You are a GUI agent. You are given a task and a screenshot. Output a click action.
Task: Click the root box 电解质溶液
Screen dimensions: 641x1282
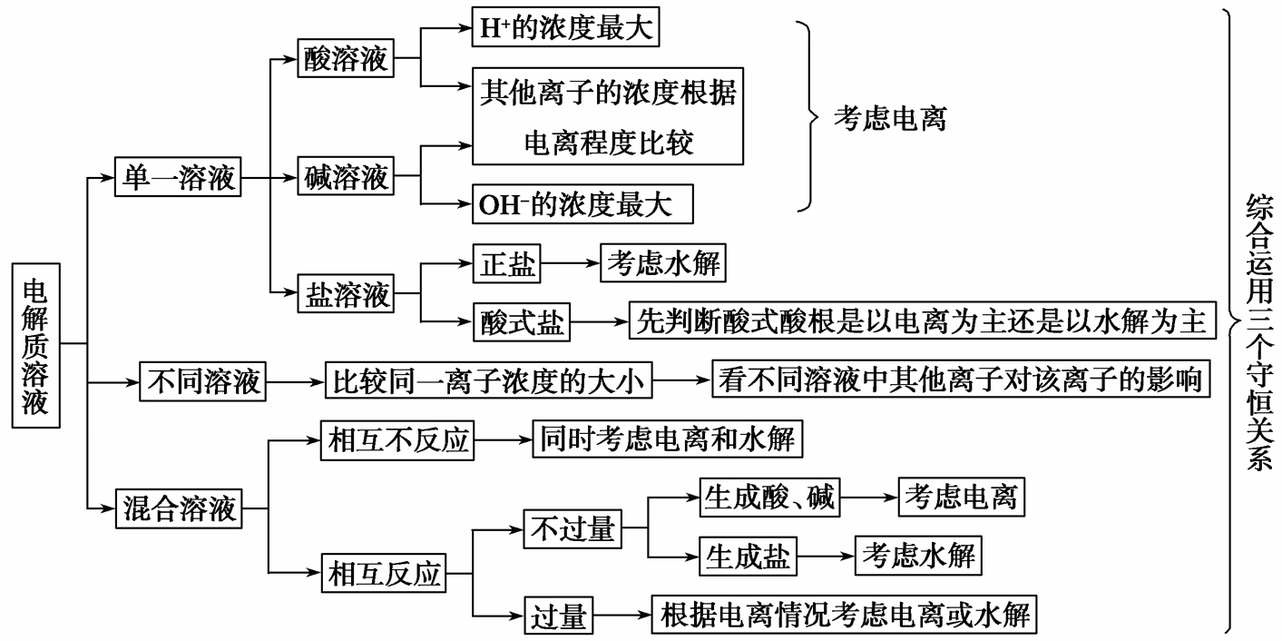(x=35, y=345)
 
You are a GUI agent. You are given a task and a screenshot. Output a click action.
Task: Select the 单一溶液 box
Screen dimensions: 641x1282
(x=179, y=178)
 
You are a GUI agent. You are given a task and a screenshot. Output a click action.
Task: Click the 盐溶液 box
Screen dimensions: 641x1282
(x=346, y=294)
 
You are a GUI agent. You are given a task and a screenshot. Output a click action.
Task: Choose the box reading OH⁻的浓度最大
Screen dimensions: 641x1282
(x=582, y=204)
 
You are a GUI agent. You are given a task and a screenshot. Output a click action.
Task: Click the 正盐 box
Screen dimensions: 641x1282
(x=505, y=264)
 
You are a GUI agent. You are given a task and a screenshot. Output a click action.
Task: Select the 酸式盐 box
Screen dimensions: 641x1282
(x=522, y=322)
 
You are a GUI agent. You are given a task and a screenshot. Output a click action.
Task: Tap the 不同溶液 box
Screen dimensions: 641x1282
(x=203, y=381)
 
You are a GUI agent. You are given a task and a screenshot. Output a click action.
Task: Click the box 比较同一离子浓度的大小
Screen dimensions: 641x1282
(x=490, y=381)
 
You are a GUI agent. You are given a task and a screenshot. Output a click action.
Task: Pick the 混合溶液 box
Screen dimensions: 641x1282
(x=179, y=508)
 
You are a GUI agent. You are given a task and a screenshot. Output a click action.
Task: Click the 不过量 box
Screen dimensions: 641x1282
(x=572, y=528)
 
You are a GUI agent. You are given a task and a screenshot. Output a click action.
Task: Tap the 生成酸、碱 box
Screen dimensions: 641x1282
(x=770, y=498)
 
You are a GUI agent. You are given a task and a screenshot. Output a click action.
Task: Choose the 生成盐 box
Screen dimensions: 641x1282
(x=748, y=557)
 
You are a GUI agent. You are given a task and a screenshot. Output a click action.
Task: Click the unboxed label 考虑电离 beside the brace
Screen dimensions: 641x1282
(x=889, y=119)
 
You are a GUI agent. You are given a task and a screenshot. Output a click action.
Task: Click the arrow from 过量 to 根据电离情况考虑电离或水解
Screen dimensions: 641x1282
(x=622, y=616)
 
